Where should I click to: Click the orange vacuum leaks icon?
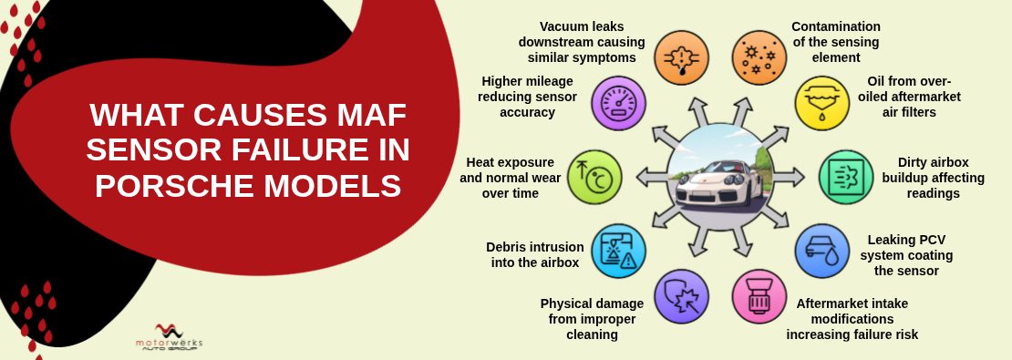click(x=681, y=57)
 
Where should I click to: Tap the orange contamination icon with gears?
click(x=759, y=57)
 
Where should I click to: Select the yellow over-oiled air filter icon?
click(x=821, y=103)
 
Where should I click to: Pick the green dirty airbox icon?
click(x=846, y=177)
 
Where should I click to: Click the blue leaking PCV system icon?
click(x=821, y=251)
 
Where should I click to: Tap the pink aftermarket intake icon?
click(x=759, y=296)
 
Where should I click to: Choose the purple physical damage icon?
click(x=681, y=296)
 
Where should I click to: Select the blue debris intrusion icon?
click(x=618, y=251)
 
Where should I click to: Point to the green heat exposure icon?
click(x=594, y=177)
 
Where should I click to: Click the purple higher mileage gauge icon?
click(x=618, y=103)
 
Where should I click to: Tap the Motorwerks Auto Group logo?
click(x=169, y=337)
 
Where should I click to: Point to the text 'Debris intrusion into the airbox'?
click(x=534, y=254)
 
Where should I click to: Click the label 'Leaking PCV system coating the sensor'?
click(x=906, y=254)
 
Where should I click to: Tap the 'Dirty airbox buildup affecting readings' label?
click(x=933, y=178)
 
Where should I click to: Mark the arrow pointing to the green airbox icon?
click(x=790, y=177)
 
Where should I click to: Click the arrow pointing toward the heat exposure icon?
click(x=651, y=177)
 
